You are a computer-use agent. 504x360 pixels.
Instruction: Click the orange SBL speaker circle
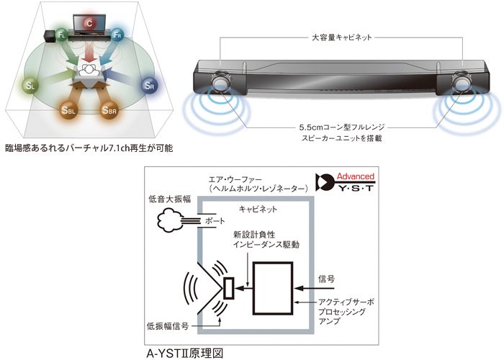(x=68, y=110)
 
